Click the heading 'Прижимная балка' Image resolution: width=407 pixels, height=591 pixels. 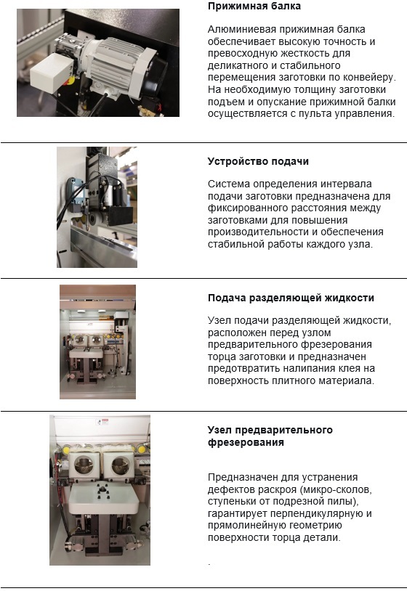(x=254, y=6)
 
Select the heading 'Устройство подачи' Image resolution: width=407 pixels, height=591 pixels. (x=258, y=161)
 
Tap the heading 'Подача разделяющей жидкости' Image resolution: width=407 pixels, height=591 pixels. (x=291, y=298)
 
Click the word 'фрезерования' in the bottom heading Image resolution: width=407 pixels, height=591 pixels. (x=246, y=442)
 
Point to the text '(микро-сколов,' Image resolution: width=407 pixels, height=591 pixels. (x=334, y=489)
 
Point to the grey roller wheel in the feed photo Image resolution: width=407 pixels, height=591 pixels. (x=96, y=219)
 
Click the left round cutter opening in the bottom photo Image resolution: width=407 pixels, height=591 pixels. (x=84, y=466)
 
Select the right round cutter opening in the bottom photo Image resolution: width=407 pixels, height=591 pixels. (x=121, y=465)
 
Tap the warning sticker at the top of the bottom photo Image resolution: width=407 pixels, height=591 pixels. (x=102, y=421)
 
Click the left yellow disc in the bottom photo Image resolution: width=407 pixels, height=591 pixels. (x=65, y=450)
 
